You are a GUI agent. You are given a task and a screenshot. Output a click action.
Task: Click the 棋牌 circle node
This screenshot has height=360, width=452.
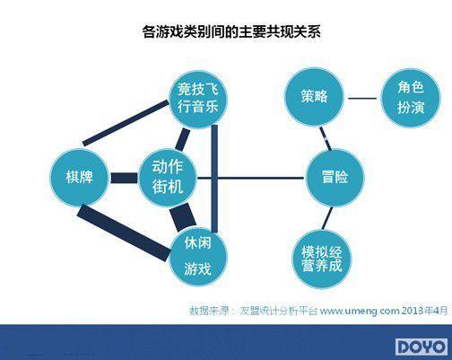79,177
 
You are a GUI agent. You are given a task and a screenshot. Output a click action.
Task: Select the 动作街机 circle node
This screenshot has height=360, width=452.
168,177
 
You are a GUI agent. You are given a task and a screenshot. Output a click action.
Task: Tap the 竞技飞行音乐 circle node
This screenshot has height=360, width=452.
198,100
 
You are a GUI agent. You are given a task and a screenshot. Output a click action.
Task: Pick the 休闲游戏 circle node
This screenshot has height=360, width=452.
198,257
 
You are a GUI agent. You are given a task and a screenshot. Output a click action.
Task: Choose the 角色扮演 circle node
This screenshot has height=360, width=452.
411,98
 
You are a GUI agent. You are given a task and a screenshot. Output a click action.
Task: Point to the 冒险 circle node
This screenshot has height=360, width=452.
335,178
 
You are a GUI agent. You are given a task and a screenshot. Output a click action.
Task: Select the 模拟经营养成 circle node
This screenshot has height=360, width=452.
322,259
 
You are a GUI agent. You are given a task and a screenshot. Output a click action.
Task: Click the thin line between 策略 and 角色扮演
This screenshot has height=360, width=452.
362,98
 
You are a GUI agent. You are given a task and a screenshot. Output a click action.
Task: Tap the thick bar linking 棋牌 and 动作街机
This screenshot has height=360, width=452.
124,178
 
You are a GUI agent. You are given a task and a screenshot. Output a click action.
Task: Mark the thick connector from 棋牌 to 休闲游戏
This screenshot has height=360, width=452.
124,233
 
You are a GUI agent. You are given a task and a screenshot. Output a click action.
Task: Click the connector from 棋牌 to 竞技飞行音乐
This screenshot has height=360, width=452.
126,123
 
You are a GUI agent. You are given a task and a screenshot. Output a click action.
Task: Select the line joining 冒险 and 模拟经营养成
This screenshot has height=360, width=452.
327,218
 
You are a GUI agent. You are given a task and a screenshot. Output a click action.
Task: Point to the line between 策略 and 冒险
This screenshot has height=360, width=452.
326,138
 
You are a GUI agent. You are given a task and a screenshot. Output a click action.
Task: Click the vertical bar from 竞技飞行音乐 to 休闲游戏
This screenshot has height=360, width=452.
214,179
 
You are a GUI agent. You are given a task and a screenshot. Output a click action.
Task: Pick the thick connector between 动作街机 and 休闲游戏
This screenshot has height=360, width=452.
183,217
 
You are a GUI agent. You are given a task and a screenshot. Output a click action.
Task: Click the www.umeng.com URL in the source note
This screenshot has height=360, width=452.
360,311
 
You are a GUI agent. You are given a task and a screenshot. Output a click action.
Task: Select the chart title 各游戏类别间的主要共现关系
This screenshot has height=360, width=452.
231,31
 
